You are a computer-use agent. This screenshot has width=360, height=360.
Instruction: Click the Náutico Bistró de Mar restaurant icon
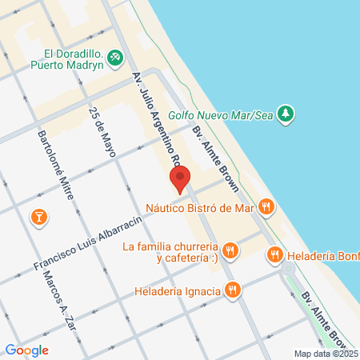click(266, 207)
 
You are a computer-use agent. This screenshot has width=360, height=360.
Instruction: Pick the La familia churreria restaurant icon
click(230, 252)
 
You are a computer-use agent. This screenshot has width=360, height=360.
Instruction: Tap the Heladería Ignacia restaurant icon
click(233, 290)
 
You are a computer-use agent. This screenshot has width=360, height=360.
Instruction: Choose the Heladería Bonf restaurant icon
click(274, 254)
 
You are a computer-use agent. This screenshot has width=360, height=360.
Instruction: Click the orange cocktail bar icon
click(37, 216)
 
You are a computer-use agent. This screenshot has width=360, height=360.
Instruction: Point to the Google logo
click(26, 350)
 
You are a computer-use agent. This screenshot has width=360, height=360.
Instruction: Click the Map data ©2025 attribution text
click(324, 353)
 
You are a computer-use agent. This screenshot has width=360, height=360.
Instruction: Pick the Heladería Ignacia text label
click(177, 290)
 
